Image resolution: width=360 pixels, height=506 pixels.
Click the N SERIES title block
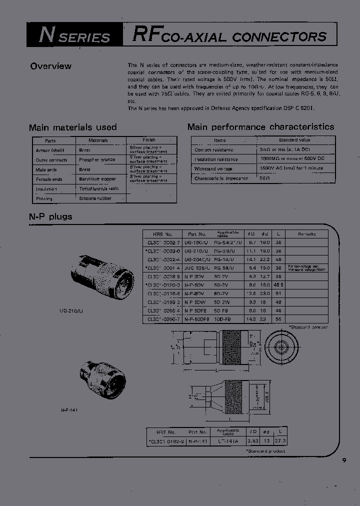(x=75, y=36)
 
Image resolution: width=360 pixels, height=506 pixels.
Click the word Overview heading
(x=50, y=66)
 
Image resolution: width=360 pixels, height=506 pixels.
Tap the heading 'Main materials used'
(x=73, y=127)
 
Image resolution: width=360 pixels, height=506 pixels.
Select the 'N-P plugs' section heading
(x=50, y=216)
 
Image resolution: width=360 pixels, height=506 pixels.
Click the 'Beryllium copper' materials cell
(x=97, y=179)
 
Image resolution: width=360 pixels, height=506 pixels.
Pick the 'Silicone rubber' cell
(x=95, y=198)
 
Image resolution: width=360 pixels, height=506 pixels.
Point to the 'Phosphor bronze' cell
(x=97, y=160)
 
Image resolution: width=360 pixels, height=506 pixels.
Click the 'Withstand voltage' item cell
(x=213, y=169)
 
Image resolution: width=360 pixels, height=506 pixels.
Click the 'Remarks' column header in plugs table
(x=306, y=233)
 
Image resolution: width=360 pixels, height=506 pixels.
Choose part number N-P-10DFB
(x=196, y=318)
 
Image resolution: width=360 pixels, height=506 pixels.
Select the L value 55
(x=279, y=318)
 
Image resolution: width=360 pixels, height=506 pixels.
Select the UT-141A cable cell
(x=228, y=441)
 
